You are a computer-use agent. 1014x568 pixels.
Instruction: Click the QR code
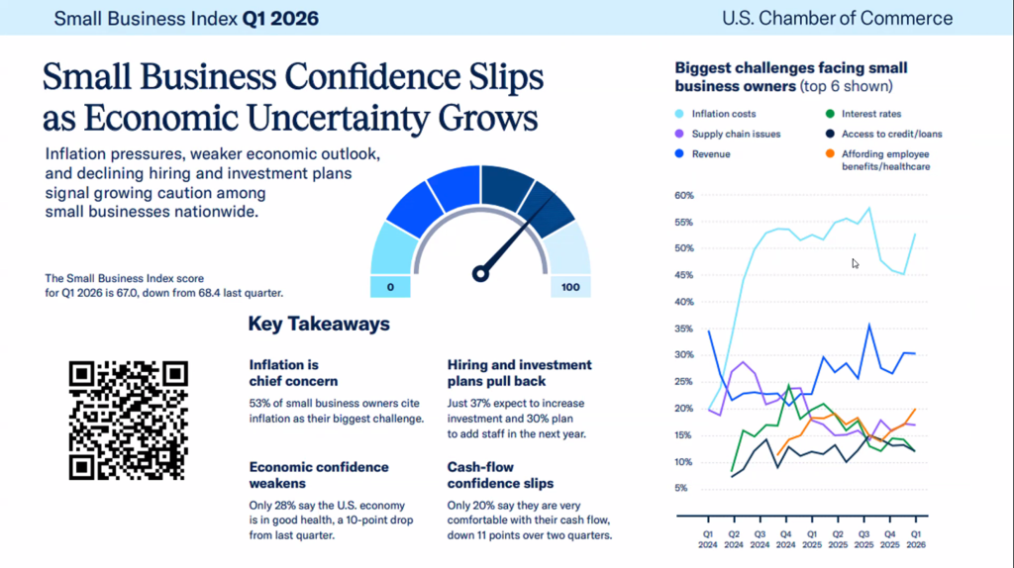(128, 420)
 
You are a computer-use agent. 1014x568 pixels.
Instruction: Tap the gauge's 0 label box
(391, 286)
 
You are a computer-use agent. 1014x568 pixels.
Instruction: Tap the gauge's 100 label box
(571, 286)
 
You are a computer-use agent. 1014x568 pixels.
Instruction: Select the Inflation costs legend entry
(723, 114)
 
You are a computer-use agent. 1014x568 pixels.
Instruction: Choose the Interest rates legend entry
(871, 114)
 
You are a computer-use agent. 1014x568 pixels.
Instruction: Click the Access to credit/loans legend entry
(886, 135)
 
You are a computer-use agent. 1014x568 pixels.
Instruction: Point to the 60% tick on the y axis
(683, 195)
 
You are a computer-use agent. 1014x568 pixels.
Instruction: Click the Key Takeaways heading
(318, 324)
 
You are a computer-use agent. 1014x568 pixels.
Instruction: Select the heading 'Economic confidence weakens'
(318, 474)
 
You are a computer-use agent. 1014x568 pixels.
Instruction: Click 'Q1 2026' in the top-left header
(280, 18)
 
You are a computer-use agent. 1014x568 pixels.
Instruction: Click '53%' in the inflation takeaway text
(261, 402)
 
